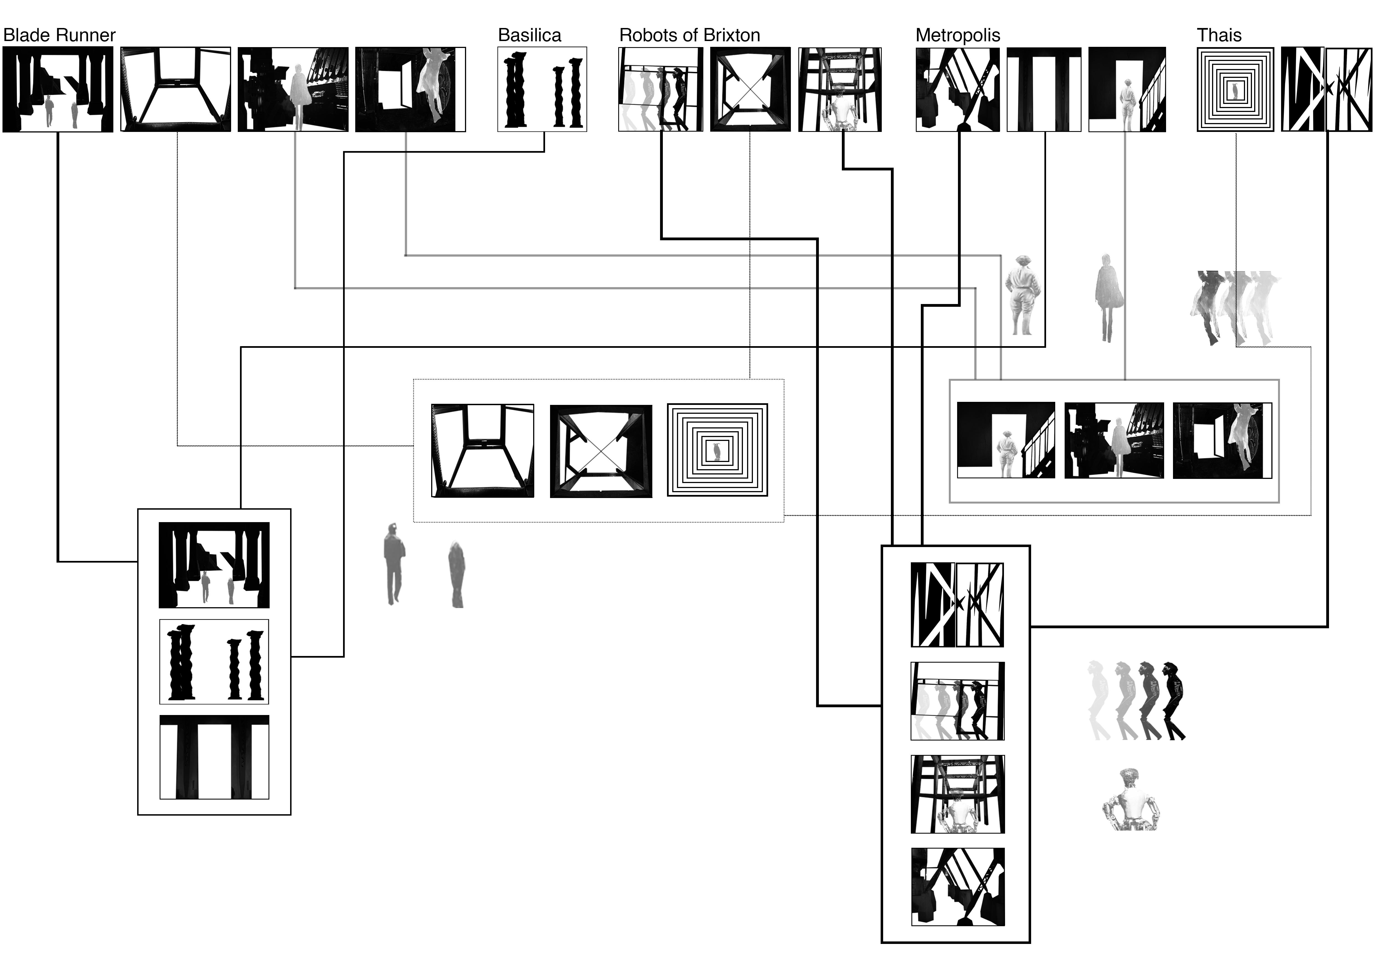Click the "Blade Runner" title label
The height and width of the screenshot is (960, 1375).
coord(59,35)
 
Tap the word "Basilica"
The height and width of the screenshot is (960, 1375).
coord(529,35)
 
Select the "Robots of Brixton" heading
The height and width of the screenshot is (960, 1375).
coord(689,35)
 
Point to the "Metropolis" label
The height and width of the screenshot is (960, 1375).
coord(958,35)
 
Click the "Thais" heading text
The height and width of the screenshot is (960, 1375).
coord(1219,35)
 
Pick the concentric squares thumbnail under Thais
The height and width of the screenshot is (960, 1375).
coord(1235,89)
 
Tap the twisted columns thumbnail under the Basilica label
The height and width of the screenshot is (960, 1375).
coord(542,89)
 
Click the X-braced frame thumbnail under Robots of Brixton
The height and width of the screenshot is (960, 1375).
coord(750,89)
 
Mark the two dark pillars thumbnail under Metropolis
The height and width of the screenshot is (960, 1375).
coord(1043,89)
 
